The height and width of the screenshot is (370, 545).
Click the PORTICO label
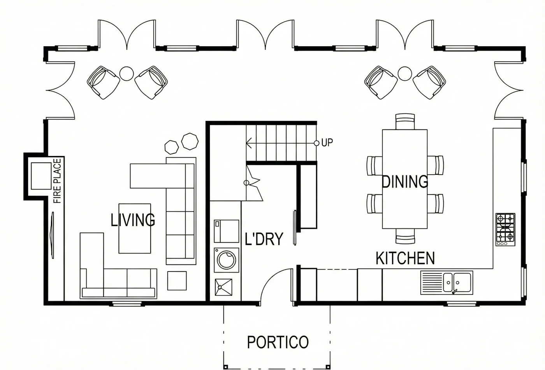pos(278,342)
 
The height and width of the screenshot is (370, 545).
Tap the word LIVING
pos(133,220)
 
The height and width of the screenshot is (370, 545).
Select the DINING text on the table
pos(405,182)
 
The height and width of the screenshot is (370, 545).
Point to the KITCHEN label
pos(405,258)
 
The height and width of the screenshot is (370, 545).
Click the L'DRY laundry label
pos(264,239)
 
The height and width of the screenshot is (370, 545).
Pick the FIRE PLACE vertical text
pos(57,181)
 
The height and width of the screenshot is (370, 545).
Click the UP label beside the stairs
pos(327,143)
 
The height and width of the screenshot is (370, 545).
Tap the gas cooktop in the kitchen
pos(505,230)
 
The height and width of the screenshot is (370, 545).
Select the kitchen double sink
pos(447,283)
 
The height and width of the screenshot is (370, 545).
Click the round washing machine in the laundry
pos(227,260)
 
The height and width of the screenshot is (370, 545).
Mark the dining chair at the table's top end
pos(405,121)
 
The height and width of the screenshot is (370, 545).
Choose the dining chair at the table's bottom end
pos(405,236)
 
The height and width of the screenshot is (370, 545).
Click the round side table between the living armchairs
pos(127,74)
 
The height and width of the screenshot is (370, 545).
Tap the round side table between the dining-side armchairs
pos(405,74)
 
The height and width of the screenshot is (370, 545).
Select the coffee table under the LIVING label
pos(135,228)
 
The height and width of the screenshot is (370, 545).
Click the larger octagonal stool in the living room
pos(190,141)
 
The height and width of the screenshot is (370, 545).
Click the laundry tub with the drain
pos(223,288)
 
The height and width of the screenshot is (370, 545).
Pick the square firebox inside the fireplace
pos(41,176)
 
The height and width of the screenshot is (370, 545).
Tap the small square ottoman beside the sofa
pos(177,281)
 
